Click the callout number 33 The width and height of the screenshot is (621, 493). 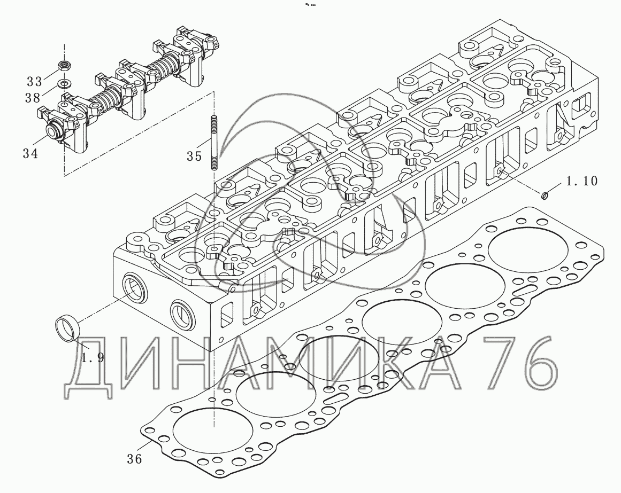tap(34, 81)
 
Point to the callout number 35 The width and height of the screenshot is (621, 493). tap(195, 156)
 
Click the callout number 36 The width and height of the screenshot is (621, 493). tap(135, 459)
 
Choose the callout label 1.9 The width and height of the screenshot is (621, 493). tap(93, 357)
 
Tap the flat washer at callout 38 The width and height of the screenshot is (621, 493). tap(63, 83)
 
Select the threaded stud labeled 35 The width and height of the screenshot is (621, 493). tap(214, 142)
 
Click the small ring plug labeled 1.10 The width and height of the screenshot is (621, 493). tap(545, 194)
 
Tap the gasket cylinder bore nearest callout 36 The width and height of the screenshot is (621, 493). tap(213, 430)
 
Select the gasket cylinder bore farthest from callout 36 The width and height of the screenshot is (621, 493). tap(529, 250)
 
